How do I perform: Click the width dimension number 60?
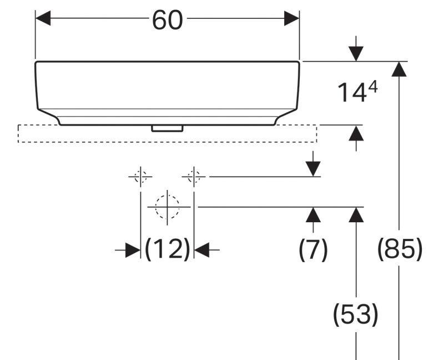167,20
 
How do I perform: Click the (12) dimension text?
168,250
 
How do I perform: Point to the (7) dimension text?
314,250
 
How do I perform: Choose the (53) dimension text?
355,314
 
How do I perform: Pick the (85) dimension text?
400,250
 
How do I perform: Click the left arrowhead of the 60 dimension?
43,19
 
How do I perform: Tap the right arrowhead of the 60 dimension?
292,19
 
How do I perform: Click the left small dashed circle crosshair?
140,177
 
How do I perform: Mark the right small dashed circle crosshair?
193,177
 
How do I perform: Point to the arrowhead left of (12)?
132,251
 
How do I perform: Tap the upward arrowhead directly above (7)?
314,214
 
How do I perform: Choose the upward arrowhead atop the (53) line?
356,214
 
